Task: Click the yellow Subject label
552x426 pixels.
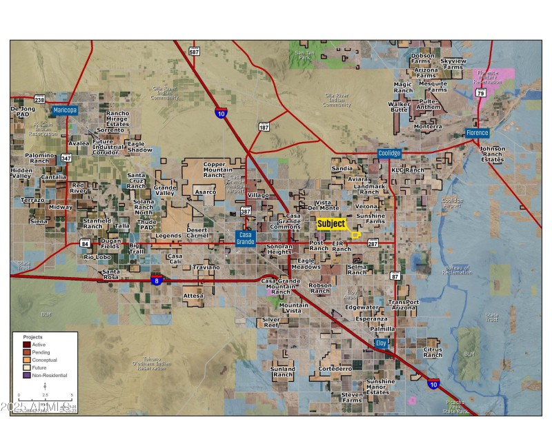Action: [331, 224]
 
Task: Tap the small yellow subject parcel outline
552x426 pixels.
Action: [356, 235]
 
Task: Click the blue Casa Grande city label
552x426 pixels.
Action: [246, 239]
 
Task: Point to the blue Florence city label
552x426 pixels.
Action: [477, 133]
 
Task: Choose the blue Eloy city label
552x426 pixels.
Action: [381, 343]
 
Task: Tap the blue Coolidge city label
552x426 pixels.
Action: [388, 154]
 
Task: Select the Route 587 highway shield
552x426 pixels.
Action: [194, 52]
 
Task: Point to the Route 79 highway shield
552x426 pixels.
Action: [480, 92]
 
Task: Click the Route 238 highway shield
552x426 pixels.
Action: [39, 100]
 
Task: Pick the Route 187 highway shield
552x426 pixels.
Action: [264, 127]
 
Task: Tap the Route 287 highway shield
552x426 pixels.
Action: [373, 243]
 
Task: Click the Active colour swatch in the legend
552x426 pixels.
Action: [27, 345]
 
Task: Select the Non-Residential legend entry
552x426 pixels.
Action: [27, 375]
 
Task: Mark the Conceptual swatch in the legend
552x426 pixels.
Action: [27, 360]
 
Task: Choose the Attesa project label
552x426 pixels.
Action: [193, 296]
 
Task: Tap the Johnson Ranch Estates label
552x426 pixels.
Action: [492, 154]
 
